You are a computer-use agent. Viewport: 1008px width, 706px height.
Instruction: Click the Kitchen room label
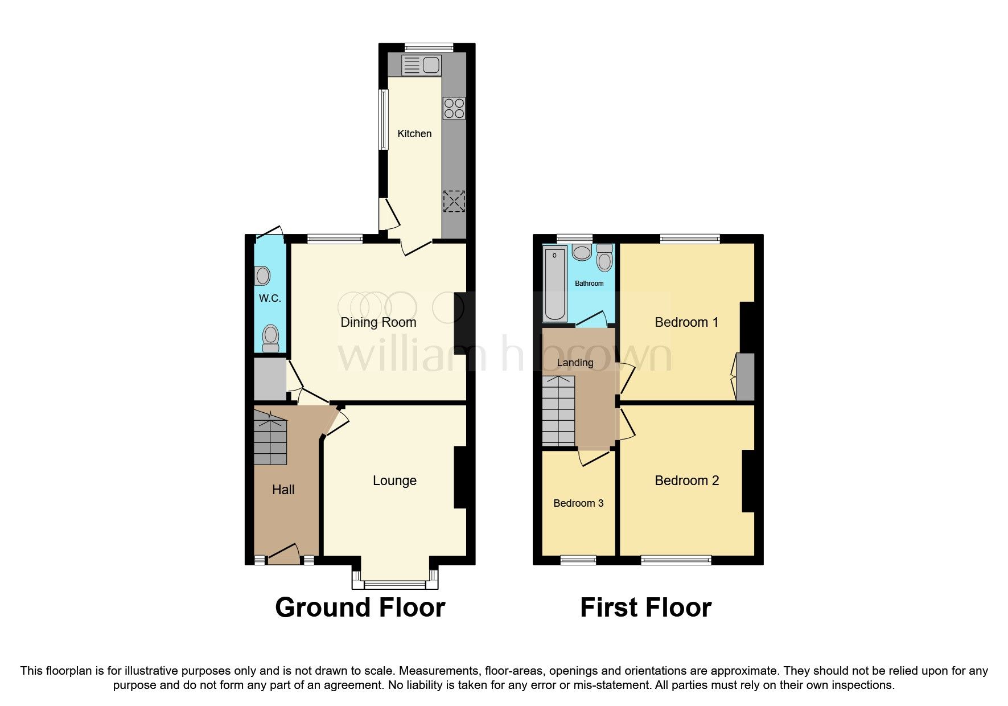click(414, 134)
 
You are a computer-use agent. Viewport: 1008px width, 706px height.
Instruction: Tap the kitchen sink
click(421, 65)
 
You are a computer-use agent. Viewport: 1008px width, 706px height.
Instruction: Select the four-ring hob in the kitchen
click(454, 108)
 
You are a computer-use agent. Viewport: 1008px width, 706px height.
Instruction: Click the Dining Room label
click(378, 322)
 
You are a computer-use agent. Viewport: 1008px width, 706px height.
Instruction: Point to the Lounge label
click(394, 481)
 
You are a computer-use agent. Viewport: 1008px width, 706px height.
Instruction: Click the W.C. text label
click(270, 298)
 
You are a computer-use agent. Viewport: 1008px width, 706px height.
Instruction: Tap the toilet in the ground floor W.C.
click(270, 338)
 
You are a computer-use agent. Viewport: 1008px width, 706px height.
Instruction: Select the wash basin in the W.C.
click(262, 276)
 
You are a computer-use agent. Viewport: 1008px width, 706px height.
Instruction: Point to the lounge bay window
click(394, 583)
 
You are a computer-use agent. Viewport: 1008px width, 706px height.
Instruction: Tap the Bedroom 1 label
click(686, 322)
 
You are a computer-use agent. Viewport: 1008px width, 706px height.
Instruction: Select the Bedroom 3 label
click(578, 503)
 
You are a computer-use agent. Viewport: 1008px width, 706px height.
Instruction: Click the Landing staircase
click(558, 411)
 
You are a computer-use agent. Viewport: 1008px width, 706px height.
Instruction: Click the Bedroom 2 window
click(676, 560)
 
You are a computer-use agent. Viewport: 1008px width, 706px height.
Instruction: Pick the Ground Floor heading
click(360, 608)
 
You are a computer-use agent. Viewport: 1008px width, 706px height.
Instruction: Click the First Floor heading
click(645, 608)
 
